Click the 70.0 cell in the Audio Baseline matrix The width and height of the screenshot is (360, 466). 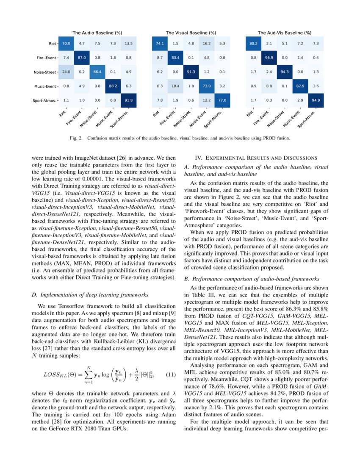[66, 43]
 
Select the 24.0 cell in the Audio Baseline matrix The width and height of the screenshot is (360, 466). [66, 72]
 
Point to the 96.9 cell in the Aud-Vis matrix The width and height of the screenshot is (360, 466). [269, 58]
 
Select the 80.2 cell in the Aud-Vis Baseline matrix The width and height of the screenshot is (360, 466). [253, 43]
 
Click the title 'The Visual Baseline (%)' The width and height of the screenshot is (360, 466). [191, 33]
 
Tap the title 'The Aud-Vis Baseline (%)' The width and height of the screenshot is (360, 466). [285, 33]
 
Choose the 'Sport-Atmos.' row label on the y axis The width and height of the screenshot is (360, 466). [44, 101]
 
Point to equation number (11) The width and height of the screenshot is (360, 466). [170, 374]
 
